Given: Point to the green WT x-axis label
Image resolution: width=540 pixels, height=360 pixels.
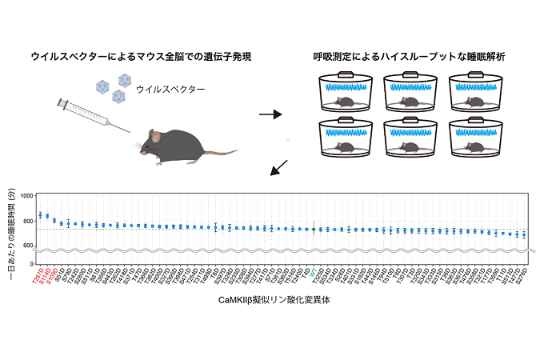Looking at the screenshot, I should pos(313,270).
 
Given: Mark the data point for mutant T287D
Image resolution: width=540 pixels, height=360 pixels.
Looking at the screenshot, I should pos(40,214).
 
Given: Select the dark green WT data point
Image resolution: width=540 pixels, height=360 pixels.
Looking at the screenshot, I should pos(313,229).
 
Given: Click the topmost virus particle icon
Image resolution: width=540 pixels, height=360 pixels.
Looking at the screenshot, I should pos(123,79).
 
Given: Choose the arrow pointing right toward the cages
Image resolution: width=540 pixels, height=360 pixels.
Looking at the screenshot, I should pos(270,114).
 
